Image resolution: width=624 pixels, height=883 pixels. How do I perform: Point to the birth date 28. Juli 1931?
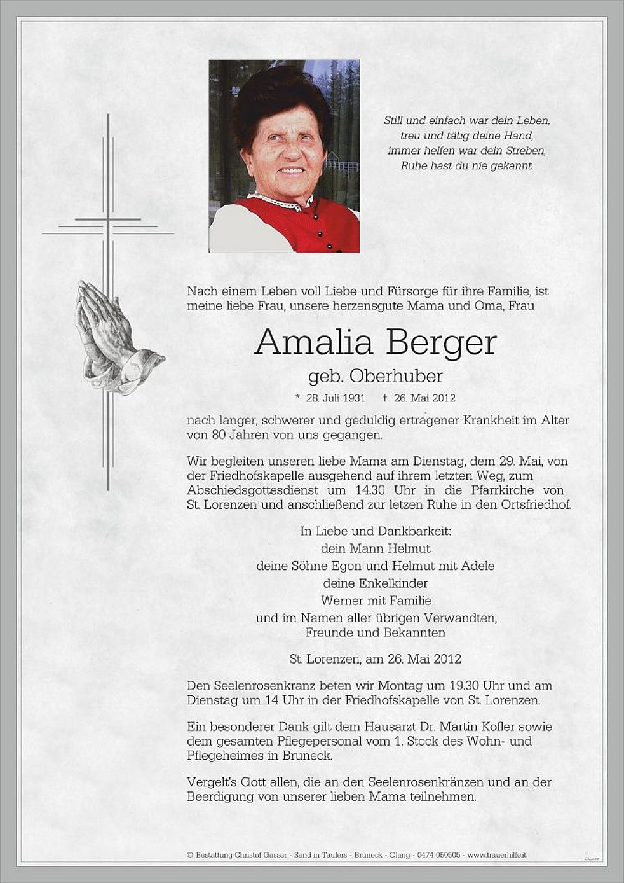336,398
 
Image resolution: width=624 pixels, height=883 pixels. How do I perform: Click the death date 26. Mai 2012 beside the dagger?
424,398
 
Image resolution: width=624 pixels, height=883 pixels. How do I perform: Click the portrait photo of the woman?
284,156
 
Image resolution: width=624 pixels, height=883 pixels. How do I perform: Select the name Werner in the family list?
341,600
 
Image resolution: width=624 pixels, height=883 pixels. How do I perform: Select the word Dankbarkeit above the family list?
417,531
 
